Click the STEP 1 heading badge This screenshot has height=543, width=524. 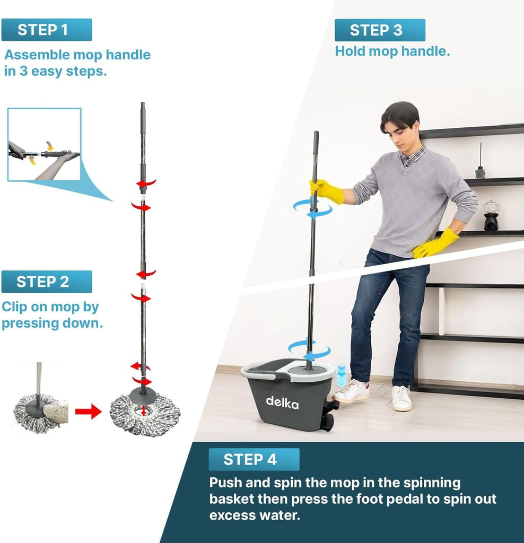point(47,30)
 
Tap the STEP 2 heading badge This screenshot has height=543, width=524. point(47,282)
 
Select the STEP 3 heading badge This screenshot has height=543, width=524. point(380,30)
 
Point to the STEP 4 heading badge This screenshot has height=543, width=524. point(254,459)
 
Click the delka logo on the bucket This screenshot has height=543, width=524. point(282,402)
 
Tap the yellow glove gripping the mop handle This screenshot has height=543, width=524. point(326,190)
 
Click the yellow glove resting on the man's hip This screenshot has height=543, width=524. point(435,243)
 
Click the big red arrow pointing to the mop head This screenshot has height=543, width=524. point(89,411)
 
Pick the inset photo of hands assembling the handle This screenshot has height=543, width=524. point(45,144)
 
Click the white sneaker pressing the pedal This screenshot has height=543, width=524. point(350,391)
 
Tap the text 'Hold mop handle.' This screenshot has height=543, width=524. point(392,51)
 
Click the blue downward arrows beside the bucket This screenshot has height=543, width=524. point(341,375)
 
